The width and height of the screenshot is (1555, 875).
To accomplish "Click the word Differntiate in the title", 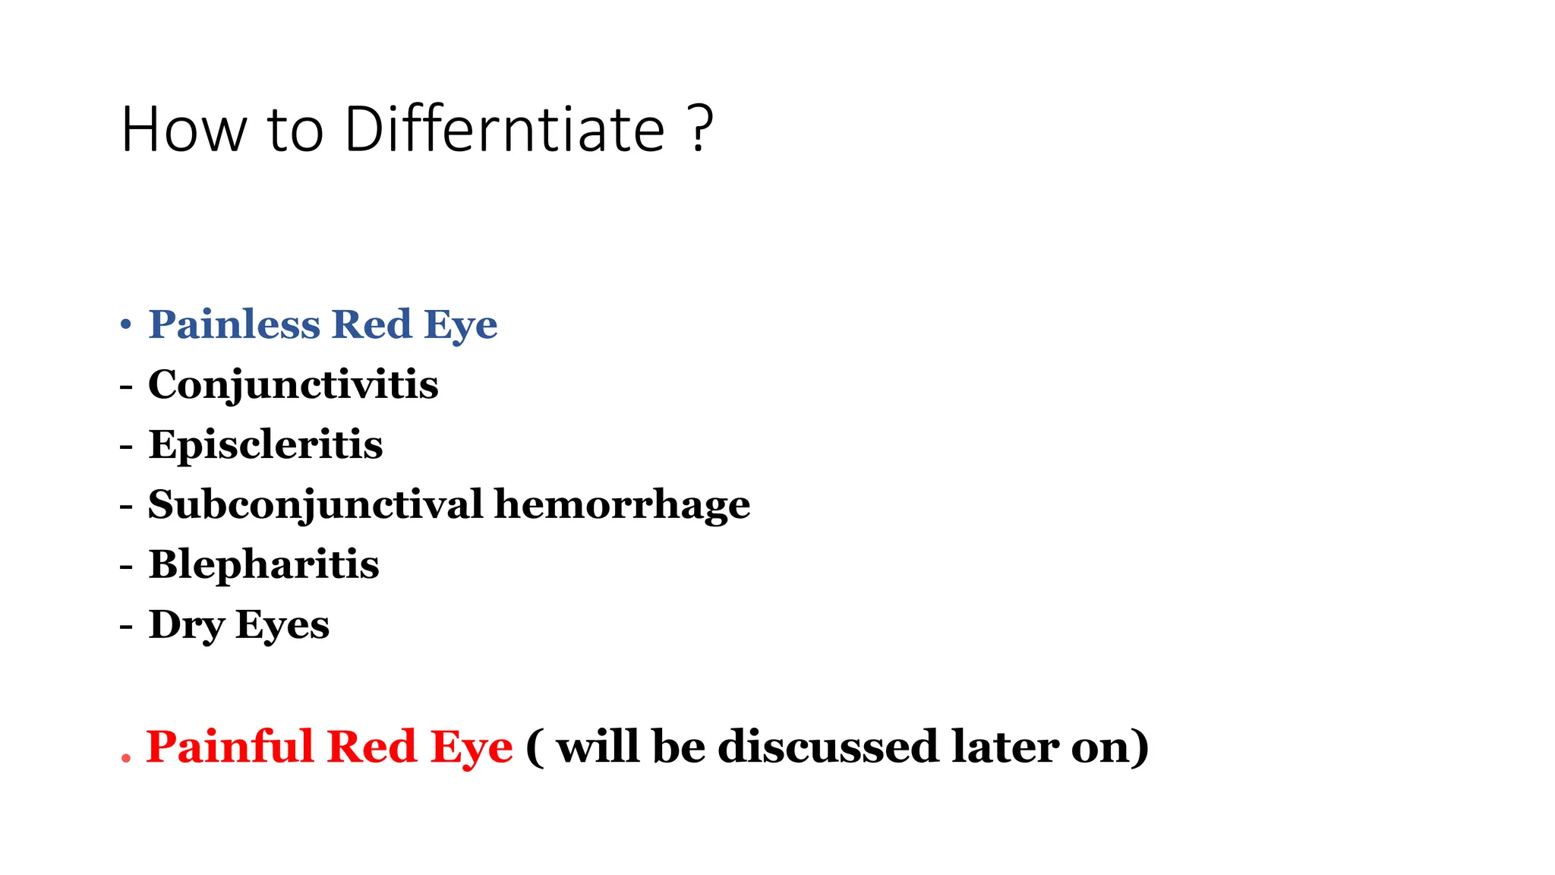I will (x=504, y=129).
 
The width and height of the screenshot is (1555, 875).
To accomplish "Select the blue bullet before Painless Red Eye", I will (x=126, y=325).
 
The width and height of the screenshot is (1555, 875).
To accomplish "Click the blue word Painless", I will (x=234, y=324).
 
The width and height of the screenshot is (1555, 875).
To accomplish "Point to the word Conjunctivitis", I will (x=293, y=384).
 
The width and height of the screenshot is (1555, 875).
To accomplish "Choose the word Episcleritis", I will (x=266, y=444).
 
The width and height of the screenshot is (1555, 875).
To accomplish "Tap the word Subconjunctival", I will (x=315, y=504).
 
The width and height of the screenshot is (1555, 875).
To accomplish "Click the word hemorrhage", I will (x=622, y=504).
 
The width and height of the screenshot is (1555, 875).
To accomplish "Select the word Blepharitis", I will (x=263, y=564).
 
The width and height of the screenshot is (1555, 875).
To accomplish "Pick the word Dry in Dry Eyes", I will (x=187, y=625).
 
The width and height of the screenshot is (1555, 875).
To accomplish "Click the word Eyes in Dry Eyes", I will (x=282, y=625).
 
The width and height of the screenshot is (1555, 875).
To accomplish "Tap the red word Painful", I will (x=229, y=746).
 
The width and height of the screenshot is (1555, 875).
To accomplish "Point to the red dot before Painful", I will (x=126, y=757).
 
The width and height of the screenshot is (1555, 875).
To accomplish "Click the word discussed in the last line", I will (x=828, y=746).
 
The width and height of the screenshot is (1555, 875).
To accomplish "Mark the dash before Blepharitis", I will (x=126, y=566).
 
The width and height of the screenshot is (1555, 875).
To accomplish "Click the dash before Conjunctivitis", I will (x=126, y=386).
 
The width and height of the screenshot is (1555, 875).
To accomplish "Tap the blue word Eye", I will (x=460, y=325).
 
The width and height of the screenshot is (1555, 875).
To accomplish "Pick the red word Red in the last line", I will (x=372, y=746).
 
